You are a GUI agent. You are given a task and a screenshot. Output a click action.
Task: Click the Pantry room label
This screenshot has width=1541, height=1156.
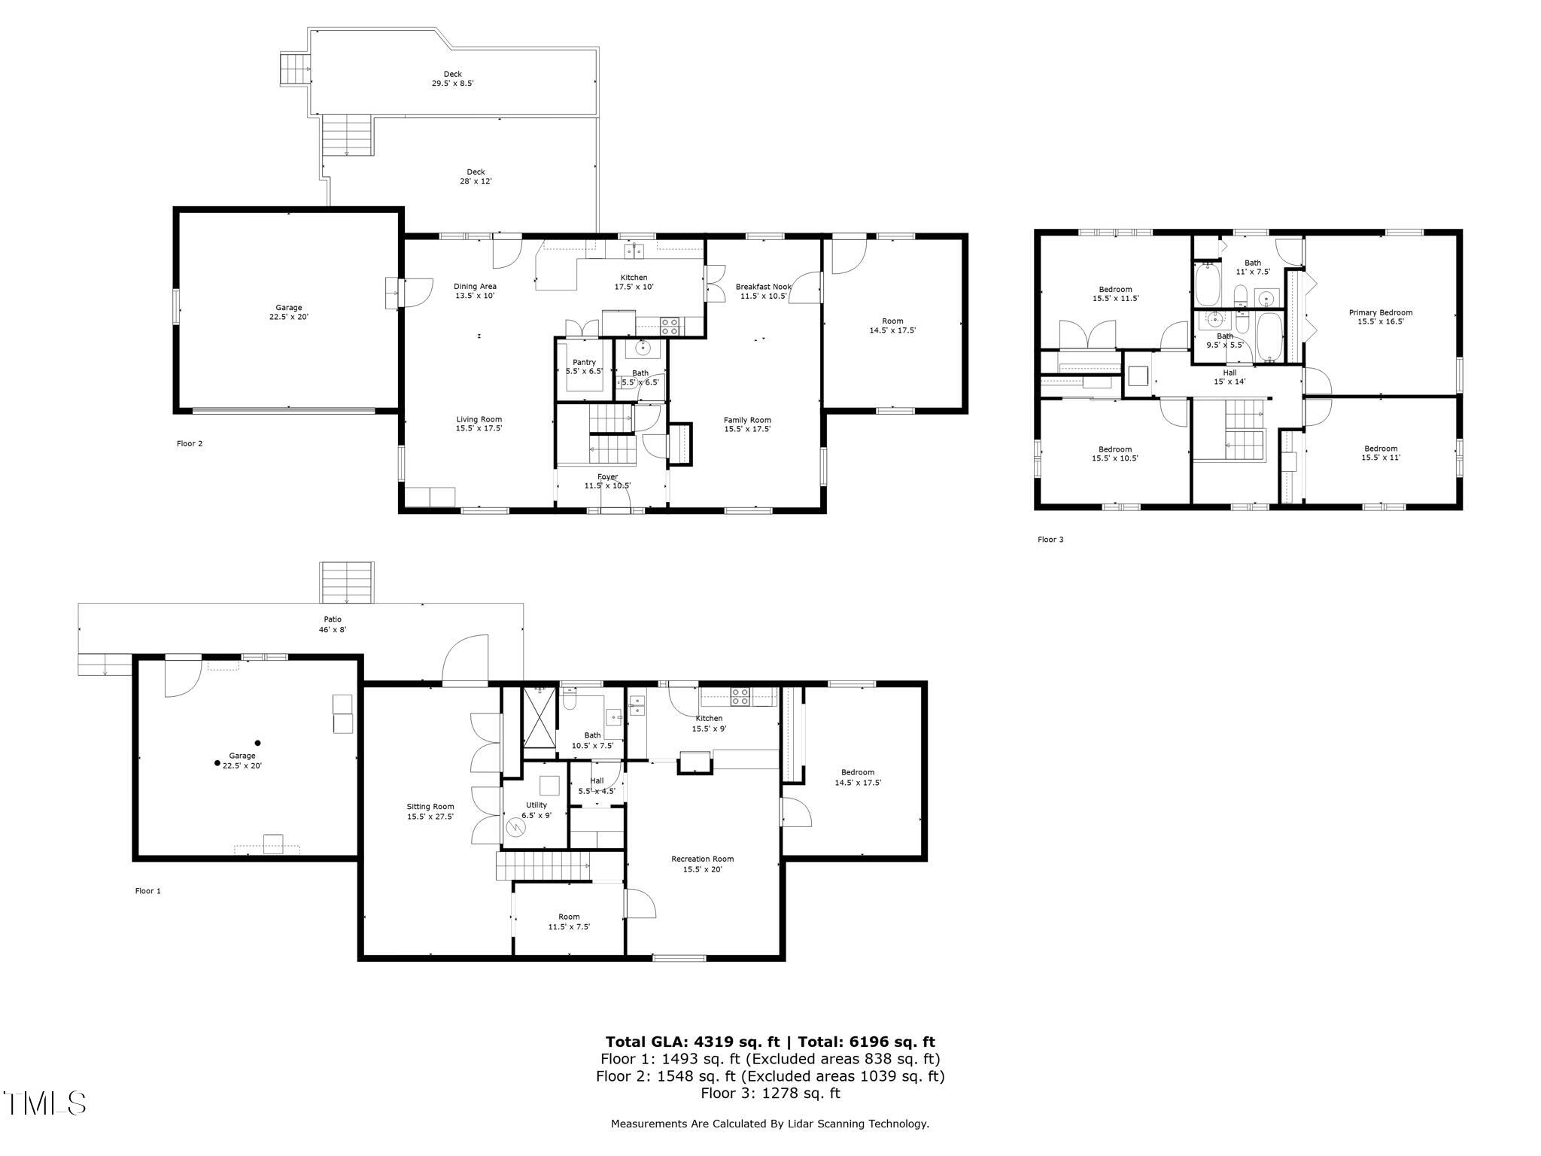(x=584, y=367)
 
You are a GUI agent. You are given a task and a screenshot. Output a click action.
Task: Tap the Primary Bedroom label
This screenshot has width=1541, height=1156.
(x=1380, y=317)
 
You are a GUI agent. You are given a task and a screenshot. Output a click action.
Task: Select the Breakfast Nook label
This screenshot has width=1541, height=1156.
(x=763, y=291)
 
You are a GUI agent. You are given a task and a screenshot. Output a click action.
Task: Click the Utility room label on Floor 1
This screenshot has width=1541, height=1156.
(x=536, y=810)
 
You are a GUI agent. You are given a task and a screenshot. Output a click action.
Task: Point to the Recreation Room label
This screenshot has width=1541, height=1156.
(x=702, y=864)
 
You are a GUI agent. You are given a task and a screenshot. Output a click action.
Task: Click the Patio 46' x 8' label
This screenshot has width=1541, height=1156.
(x=332, y=624)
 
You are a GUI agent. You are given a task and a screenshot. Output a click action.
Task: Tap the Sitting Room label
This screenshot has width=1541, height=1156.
(x=430, y=811)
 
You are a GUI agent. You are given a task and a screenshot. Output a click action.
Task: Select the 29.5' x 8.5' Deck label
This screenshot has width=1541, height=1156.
(x=452, y=79)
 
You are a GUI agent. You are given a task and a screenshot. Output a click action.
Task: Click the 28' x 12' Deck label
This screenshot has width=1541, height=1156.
(x=476, y=176)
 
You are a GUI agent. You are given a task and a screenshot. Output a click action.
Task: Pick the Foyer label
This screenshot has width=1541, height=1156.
(x=607, y=481)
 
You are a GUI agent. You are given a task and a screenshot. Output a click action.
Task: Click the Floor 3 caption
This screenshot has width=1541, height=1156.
(x=1050, y=540)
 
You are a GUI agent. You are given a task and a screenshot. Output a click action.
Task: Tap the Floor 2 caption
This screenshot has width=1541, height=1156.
(x=190, y=443)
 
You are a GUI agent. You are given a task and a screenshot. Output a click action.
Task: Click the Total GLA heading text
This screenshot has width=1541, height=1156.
(x=770, y=1042)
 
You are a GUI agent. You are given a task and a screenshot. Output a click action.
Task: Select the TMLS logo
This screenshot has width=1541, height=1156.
(x=44, y=1103)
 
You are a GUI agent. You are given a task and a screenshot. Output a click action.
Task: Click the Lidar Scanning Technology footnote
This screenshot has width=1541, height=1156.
(x=770, y=1124)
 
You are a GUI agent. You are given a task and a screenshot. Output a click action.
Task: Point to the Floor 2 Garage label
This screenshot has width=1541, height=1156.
(x=288, y=312)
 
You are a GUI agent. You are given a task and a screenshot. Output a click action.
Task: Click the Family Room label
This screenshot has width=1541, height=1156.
(x=747, y=424)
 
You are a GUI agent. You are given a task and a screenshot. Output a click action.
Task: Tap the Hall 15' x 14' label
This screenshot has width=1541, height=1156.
(x=1229, y=377)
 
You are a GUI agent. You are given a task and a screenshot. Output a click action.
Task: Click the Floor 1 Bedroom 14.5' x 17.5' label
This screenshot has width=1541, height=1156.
(x=858, y=777)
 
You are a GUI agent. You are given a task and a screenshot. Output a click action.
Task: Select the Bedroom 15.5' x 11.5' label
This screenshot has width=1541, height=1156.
(x=1115, y=294)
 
